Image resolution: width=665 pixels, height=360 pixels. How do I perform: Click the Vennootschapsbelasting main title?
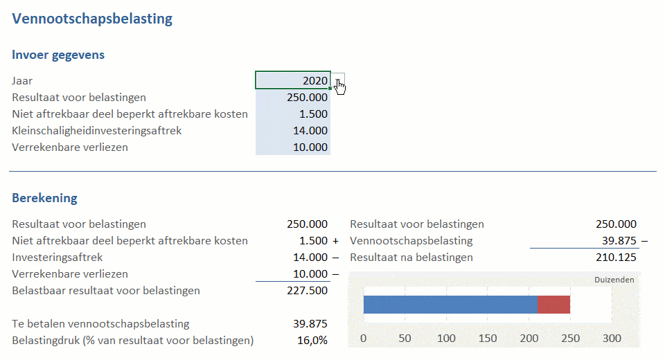point(92,19)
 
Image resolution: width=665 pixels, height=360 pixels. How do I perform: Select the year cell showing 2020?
point(293,80)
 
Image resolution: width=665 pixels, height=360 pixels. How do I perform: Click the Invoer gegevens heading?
point(58,55)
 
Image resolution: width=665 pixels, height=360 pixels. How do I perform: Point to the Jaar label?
point(22,80)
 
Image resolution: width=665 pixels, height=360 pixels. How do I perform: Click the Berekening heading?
point(44,198)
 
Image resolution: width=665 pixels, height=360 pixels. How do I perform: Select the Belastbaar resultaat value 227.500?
point(307,290)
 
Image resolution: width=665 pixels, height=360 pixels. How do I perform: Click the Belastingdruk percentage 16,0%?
point(312,340)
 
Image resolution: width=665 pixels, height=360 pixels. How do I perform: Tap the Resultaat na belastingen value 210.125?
point(616,257)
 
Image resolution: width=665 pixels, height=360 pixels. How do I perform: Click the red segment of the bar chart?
point(553,305)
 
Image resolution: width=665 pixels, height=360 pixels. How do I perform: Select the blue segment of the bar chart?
point(450,305)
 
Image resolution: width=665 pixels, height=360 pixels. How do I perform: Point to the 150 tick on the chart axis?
point(488,339)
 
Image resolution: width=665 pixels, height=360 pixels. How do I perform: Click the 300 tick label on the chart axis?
point(612,339)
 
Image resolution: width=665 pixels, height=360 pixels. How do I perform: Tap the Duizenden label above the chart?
point(614,280)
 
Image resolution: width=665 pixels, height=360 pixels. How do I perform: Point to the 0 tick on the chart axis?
point(364,339)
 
